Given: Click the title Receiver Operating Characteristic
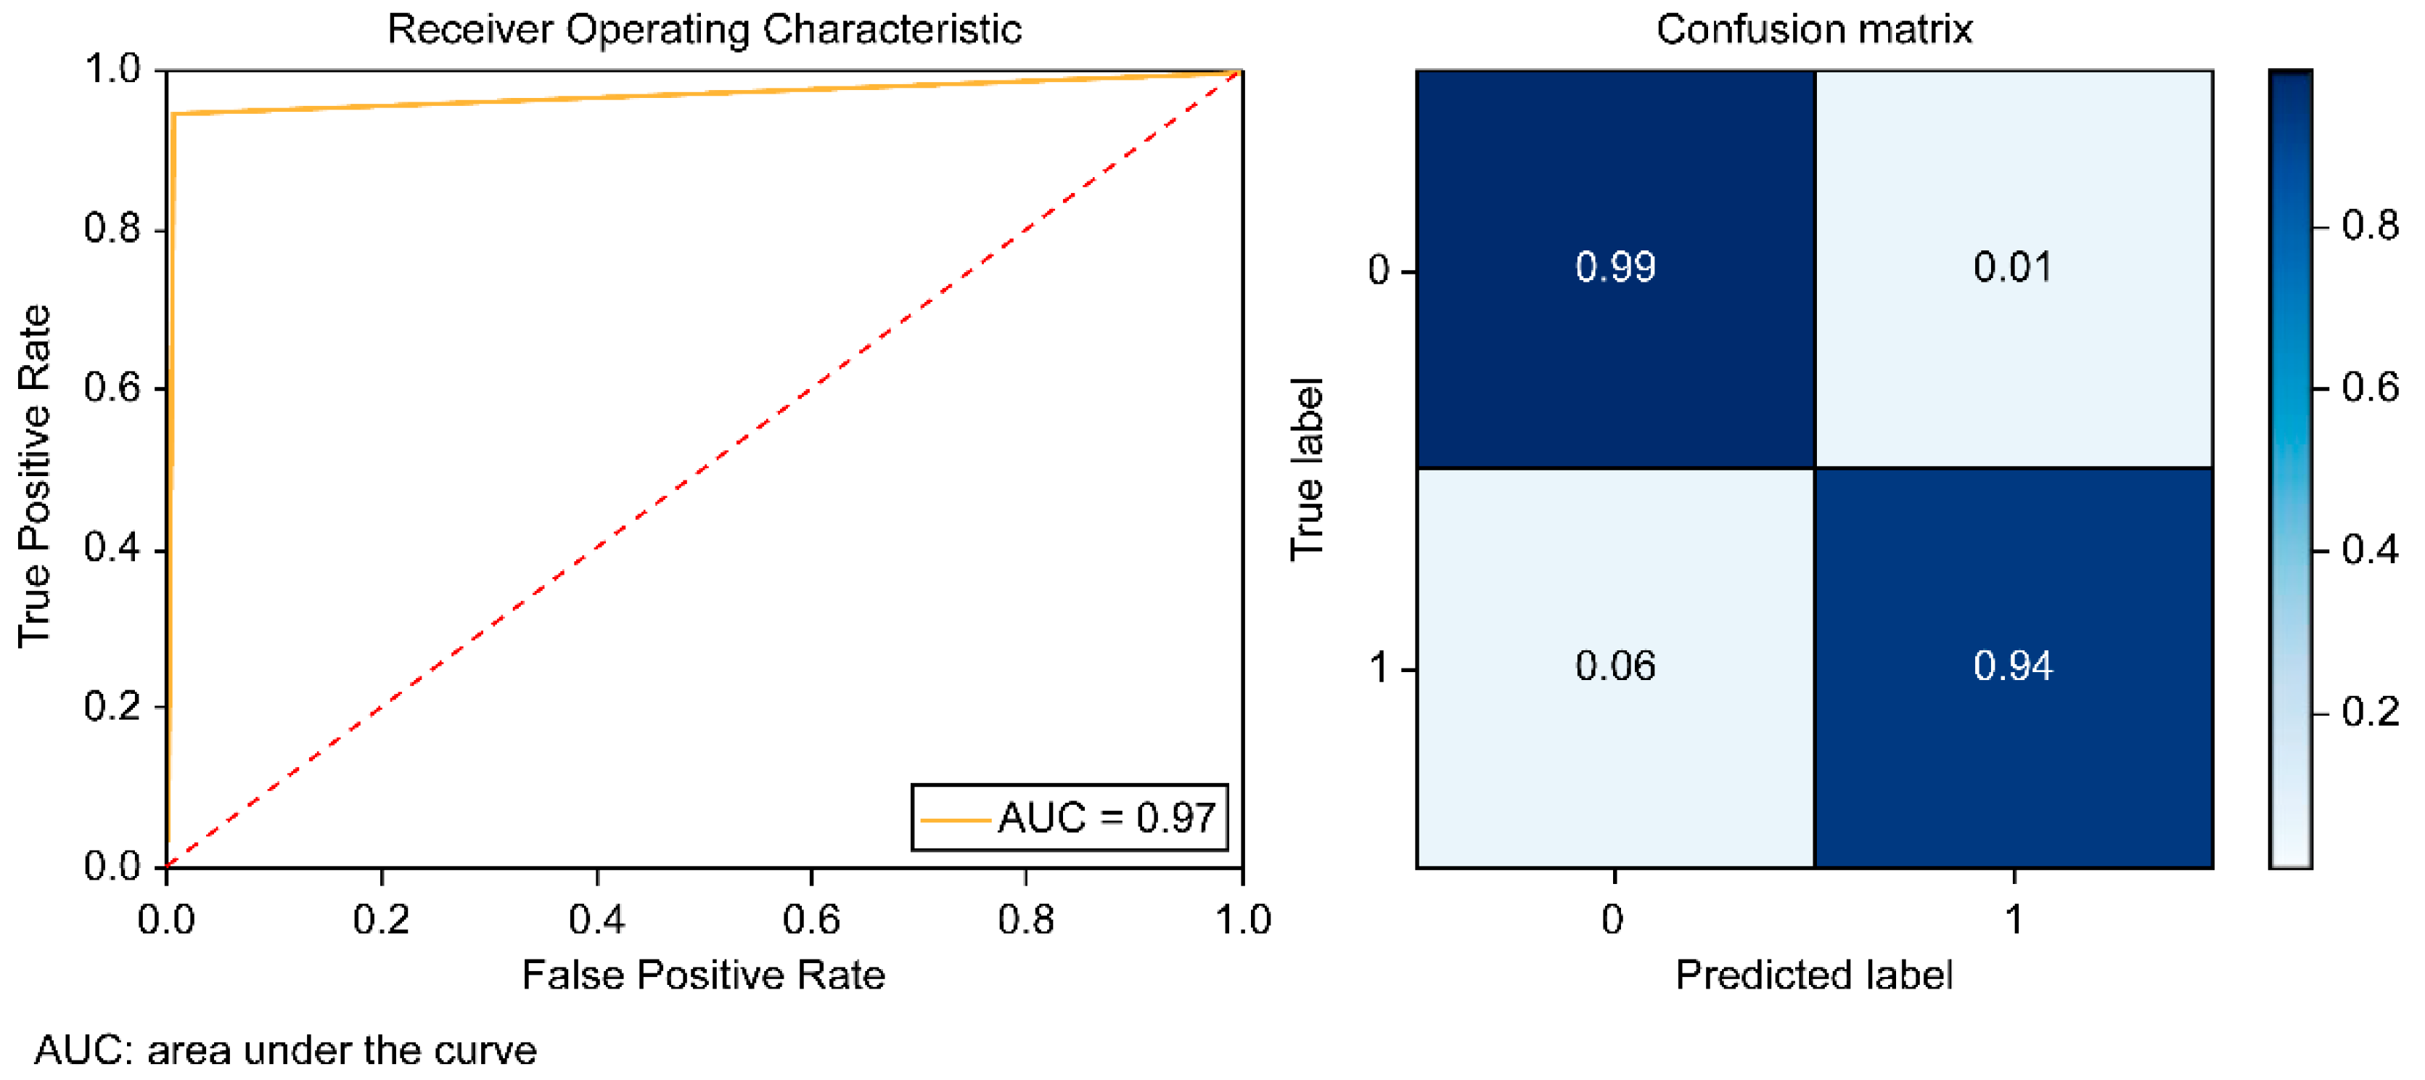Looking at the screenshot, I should coord(704,29).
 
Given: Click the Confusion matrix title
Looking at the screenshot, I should coord(1813,29).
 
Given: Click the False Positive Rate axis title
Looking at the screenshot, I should coord(703,975).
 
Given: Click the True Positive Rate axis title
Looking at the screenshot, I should coord(34,475).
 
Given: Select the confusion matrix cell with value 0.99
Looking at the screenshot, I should coord(1614,269).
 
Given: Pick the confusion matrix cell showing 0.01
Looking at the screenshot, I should coord(2013,269).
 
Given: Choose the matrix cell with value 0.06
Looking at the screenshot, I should coord(1614,666).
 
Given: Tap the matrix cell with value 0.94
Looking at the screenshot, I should coord(2013,666).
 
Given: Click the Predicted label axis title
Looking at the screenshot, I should coord(1813,975).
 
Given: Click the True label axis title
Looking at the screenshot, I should coord(1307,469).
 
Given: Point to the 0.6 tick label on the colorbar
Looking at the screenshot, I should coord(2369,388).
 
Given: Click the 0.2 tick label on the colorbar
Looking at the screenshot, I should coord(2369,712).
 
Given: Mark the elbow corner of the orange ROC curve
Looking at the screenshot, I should coord(174,114).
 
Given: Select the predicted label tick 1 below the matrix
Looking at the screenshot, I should coord(2013,919).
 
